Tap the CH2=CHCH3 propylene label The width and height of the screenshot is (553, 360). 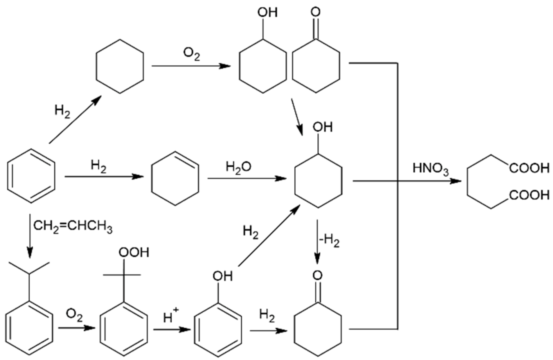pyautogui.click(x=73, y=227)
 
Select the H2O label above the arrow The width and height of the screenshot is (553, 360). pyautogui.click(x=239, y=167)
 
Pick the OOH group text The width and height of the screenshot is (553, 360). pyautogui.click(x=134, y=253)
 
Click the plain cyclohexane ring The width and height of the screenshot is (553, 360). pyautogui.click(x=120, y=66)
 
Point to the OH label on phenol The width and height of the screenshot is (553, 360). pyautogui.click(x=223, y=276)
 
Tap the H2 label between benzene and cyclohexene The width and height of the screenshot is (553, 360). pyautogui.click(x=99, y=167)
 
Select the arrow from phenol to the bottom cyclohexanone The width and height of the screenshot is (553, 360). pyautogui.click(x=268, y=331)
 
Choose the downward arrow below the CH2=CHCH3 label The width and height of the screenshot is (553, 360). pyautogui.click(x=30, y=235)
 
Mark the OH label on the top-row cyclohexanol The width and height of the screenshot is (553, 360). pyautogui.click(x=267, y=13)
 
